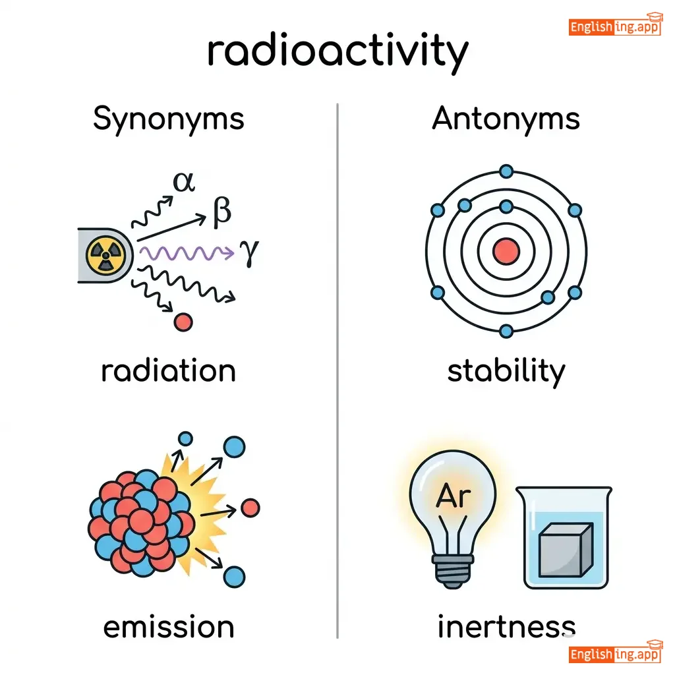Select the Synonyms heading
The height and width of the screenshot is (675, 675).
(169, 119)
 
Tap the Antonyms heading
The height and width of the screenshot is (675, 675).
(506, 119)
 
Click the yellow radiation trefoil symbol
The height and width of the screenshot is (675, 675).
(105, 255)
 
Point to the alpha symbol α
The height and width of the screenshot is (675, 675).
(184, 182)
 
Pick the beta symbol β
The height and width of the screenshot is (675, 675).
(221, 212)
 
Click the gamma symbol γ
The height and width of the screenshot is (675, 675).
(250, 252)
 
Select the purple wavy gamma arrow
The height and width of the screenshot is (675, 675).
(187, 252)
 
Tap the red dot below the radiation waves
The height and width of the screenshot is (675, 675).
(183, 322)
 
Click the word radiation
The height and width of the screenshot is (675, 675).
(168, 370)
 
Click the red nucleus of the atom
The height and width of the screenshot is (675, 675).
(506, 251)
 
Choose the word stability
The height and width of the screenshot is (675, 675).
(506, 371)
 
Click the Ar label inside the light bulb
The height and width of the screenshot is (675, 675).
(453, 496)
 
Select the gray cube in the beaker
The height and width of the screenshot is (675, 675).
(566, 549)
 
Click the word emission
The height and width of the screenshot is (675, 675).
(169, 627)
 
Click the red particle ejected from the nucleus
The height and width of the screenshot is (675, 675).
(250, 508)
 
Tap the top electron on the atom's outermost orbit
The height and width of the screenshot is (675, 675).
(506, 171)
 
